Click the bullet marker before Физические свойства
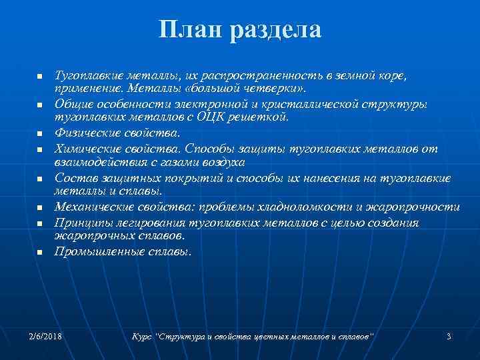40,134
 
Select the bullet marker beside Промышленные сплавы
40,253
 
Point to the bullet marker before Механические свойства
40,209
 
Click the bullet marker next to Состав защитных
40,179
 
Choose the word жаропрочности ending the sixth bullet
417,207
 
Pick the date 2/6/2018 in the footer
45,336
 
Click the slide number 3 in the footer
449,336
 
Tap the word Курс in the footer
142,336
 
